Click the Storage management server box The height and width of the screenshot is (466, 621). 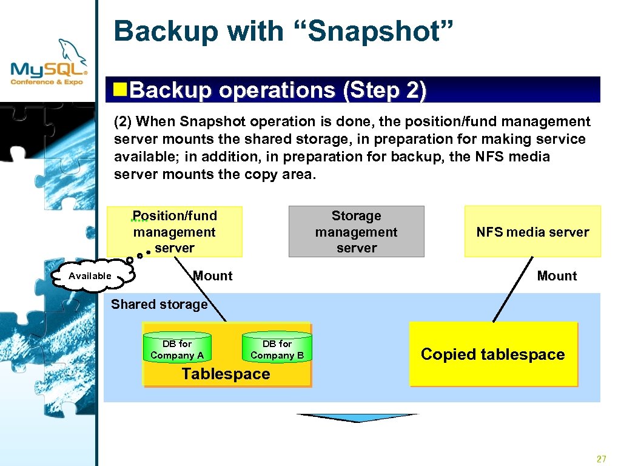[x=356, y=232]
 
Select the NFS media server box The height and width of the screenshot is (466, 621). [x=532, y=232]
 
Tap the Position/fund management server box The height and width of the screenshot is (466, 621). [x=175, y=232]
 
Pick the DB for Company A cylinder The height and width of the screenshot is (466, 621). [x=177, y=349]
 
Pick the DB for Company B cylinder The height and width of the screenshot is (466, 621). [x=277, y=349]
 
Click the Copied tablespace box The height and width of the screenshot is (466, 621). [x=492, y=354]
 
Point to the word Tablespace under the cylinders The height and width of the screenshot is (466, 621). [x=226, y=374]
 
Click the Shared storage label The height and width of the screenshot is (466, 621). [x=159, y=305]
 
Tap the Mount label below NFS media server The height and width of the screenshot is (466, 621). [x=557, y=276]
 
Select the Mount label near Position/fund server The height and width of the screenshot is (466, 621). [x=213, y=276]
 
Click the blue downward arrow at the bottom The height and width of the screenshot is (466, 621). [x=357, y=418]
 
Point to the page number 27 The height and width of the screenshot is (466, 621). [x=601, y=459]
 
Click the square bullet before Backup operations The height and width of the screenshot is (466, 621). [x=121, y=90]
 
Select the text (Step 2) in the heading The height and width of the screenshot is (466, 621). [x=384, y=90]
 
